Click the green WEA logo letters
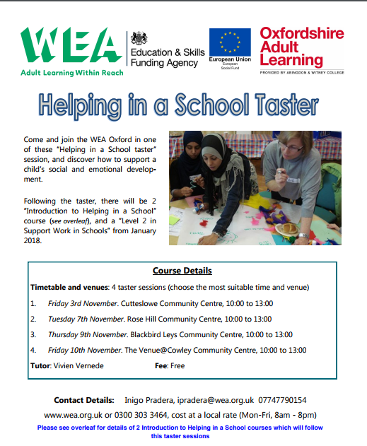[x=71, y=47]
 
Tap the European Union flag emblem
[x=229, y=43]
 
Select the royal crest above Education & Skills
[x=137, y=37]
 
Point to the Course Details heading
[x=182, y=271]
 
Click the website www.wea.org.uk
[x=69, y=415]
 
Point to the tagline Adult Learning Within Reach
[x=71, y=72]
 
